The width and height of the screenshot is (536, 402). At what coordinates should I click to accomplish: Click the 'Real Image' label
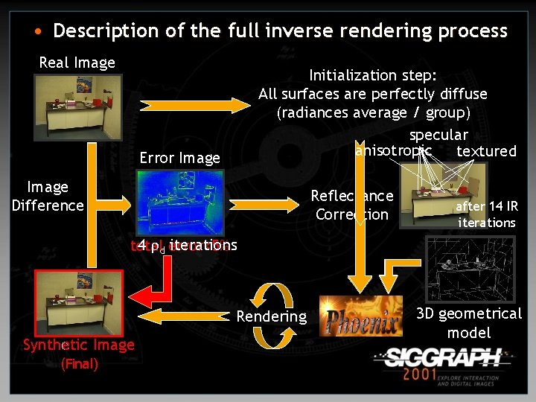coord(77,63)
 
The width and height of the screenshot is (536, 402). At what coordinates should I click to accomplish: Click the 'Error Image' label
coord(180,158)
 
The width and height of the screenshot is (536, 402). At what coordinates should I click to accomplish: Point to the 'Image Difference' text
coord(48,196)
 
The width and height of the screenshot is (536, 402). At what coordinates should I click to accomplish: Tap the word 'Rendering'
coord(271,316)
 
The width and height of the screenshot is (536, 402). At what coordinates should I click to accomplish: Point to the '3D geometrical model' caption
coord(469,323)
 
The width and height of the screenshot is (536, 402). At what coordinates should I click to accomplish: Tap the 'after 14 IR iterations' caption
coord(486,214)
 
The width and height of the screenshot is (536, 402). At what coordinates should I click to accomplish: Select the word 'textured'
coord(486,151)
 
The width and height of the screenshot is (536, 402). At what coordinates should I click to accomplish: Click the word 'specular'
coord(438,135)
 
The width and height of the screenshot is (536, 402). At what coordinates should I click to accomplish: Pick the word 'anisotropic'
coord(394,150)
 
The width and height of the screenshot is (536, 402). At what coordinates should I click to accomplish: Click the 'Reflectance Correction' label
coord(351,205)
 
